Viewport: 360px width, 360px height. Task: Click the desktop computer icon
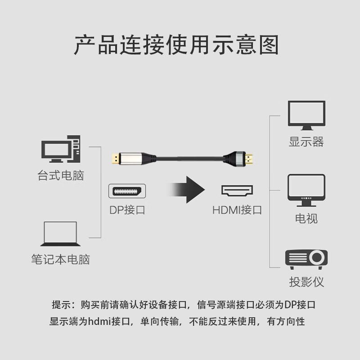[x=60, y=149]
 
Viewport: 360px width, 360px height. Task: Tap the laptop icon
[x=60, y=234]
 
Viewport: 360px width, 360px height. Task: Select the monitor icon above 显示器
[x=306, y=115]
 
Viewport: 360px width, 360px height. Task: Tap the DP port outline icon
[x=127, y=191]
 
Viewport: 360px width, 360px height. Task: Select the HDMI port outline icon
[x=237, y=191]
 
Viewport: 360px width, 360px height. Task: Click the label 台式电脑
[x=60, y=175]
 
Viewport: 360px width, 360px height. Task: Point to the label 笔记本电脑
[x=60, y=260]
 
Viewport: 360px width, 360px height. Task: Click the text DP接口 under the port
[x=127, y=210]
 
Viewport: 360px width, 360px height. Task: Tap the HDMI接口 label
[x=237, y=210]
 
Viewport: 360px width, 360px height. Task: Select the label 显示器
[x=306, y=142]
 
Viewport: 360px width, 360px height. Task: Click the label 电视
[x=306, y=219]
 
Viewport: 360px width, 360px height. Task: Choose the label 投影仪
[x=306, y=283]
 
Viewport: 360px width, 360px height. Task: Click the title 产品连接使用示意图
[x=176, y=45]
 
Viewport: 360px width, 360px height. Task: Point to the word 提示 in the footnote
[x=60, y=305]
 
